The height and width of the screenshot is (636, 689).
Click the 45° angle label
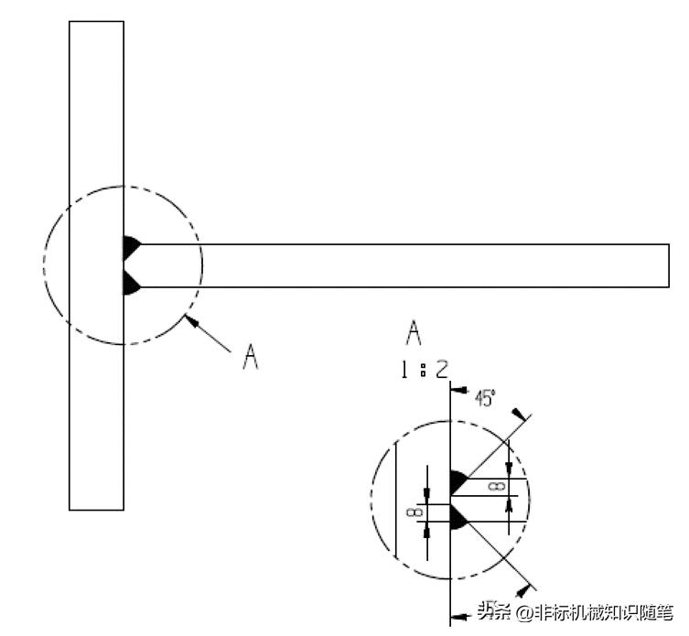(484, 398)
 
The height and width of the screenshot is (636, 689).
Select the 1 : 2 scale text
(424, 370)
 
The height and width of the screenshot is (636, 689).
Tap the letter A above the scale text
(413, 333)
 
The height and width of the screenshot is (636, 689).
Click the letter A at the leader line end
(251, 357)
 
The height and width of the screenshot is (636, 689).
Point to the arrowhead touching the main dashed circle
(190, 320)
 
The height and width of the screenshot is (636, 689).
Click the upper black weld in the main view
(131, 247)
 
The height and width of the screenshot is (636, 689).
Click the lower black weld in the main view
(131, 283)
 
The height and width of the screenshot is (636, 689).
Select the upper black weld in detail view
(458, 481)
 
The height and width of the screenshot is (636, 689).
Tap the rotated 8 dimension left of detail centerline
(415, 512)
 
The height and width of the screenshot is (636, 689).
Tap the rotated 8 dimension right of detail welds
(497, 487)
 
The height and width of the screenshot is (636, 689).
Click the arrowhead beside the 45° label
(458, 391)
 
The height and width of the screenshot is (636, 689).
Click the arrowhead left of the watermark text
(458, 617)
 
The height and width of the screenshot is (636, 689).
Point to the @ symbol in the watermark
(524, 612)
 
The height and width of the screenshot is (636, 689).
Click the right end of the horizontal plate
(669, 265)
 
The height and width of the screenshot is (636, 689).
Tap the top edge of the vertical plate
(96, 21)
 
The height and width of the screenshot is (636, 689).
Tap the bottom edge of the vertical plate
(96, 510)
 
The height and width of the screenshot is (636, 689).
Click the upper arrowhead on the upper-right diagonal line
(518, 414)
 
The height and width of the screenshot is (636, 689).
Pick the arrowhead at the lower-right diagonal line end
(522, 590)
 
